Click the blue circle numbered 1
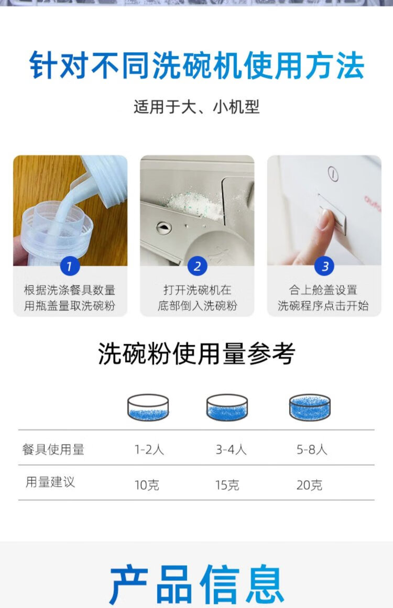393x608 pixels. (x=70, y=266)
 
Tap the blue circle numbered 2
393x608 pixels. (x=197, y=266)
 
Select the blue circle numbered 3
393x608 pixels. (x=325, y=266)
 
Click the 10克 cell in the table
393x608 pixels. (x=147, y=485)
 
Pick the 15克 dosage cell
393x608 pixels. (x=227, y=485)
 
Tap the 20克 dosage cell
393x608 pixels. (x=309, y=485)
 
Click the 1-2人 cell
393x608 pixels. (x=149, y=449)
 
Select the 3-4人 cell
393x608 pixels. (x=231, y=449)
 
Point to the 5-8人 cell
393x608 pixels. (x=312, y=449)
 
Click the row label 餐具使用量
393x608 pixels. (x=53, y=449)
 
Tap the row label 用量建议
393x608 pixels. (x=50, y=482)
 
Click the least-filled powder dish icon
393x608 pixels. (x=148, y=407)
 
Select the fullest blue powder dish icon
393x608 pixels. (x=310, y=407)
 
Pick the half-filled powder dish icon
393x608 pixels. (x=227, y=407)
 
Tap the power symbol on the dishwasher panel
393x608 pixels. (x=333, y=174)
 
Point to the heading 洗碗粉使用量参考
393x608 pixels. (x=196, y=353)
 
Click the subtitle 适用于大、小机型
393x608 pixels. (x=196, y=107)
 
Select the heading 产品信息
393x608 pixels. (x=196, y=583)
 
